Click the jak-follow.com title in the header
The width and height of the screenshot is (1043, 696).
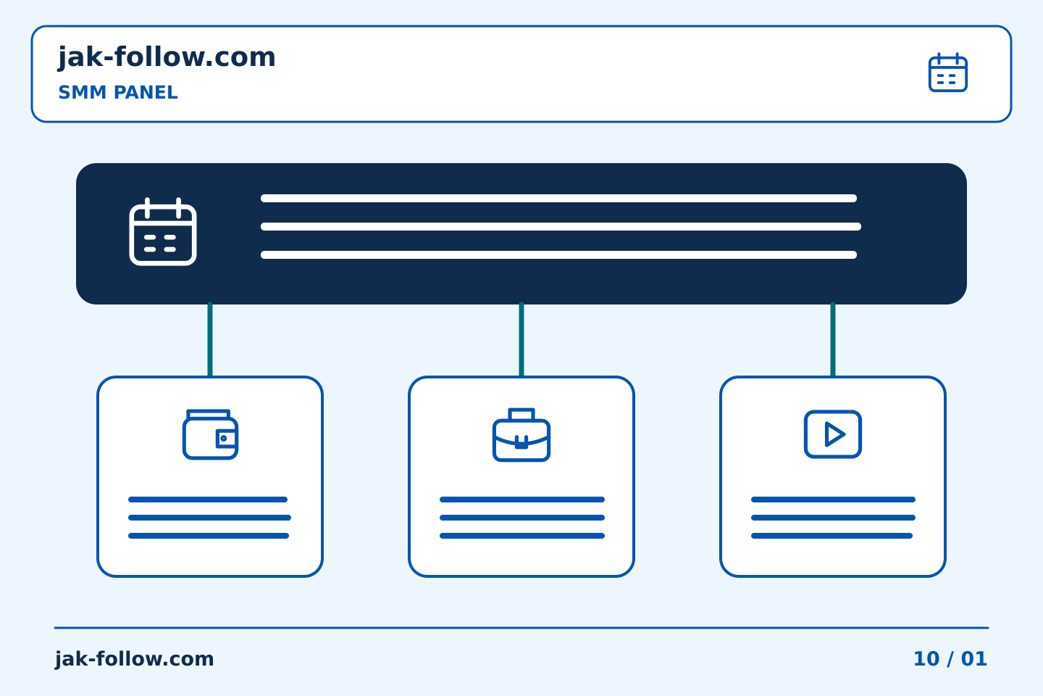[x=167, y=57]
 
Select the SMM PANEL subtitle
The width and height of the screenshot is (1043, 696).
[x=118, y=92]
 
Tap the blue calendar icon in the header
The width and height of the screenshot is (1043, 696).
[x=948, y=72]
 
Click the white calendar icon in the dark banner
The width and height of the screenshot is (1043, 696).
[x=163, y=232]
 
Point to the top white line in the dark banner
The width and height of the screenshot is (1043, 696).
[x=558, y=198]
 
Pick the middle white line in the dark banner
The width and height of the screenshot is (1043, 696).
[x=561, y=226]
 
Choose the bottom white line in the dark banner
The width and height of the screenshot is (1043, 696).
[x=558, y=254]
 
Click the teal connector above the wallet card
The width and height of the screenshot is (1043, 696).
[x=210, y=339]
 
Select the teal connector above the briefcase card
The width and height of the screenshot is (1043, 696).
[x=521, y=339]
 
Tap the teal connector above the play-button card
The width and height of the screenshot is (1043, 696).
[x=833, y=339]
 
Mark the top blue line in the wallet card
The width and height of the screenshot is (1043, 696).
[x=208, y=500]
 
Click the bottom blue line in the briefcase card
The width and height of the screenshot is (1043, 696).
[x=522, y=536]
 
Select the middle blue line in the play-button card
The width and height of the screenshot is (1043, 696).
[x=833, y=518]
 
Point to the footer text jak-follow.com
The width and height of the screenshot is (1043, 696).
[x=134, y=659]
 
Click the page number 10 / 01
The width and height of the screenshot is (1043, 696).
[x=950, y=659]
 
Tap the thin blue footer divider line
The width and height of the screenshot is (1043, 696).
[x=521, y=628]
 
